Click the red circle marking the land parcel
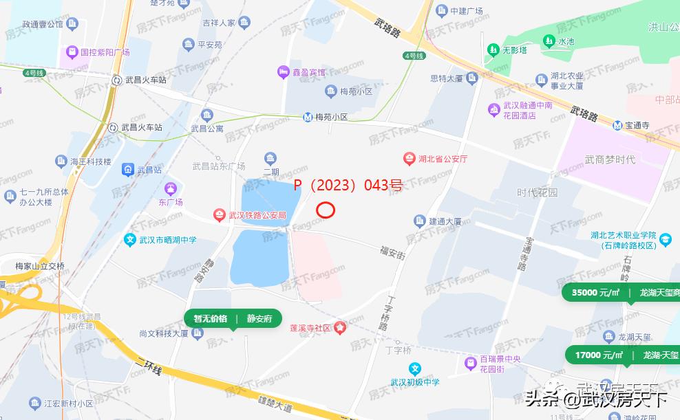pyautogui.click(x=325, y=210)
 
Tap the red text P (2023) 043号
pyautogui.click(x=348, y=185)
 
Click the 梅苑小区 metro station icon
pyautogui.click(x=310, y=117)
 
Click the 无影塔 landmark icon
pyautogui.click(x=493, y=49)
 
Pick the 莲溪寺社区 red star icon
pyautogui.click(x=340, y=328)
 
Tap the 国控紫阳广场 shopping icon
pyautogui.click(x=71, y=52)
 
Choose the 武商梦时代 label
pyautogui.click(x=610, y=159)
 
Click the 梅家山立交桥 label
pyautogui.click(x=40, y=265)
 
